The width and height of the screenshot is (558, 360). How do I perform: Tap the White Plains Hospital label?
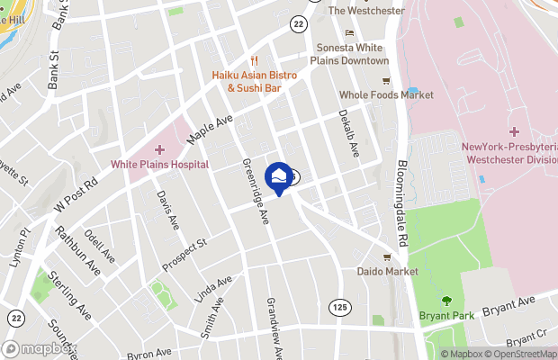(160, 164)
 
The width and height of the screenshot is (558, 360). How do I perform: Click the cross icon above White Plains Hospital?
(160, 149)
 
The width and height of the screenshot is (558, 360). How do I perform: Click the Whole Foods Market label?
(385, 94)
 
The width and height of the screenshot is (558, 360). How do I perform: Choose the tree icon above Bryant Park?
(446, 301)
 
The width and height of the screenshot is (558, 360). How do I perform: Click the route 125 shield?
(338, 308)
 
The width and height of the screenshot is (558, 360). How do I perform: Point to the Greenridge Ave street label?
(256, 189)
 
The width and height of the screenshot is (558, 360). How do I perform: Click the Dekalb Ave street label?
(348, 131)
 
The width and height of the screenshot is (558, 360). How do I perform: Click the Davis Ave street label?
(166, 209)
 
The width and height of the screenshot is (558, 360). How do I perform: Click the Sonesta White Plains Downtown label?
(351, 54)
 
